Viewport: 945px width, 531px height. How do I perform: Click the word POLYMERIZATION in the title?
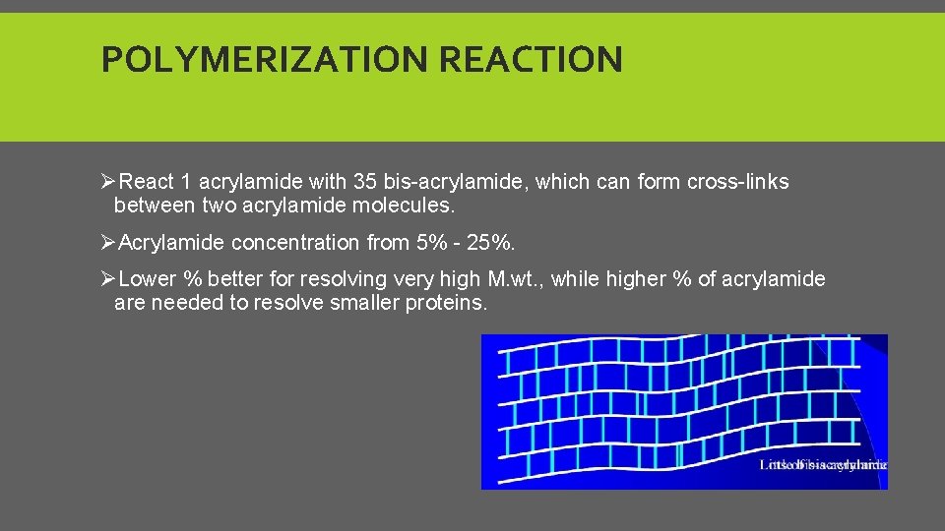pyautogui.click(x=266, y=60)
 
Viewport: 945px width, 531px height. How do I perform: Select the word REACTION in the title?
pyautogui.click(x=531, y=60)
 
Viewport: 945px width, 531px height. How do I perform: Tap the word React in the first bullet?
pyautogui.click(x=149, y=182)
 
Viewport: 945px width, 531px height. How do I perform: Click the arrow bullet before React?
pyautogui.click(x=108, y=182)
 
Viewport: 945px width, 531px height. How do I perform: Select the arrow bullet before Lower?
pyautogui.click(x=108, y=279)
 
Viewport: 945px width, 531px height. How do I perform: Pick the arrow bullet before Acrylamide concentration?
pyautogui.click(x=108, y=242)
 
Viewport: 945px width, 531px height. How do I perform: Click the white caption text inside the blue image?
pyautogui.click(x=823, y=464)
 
